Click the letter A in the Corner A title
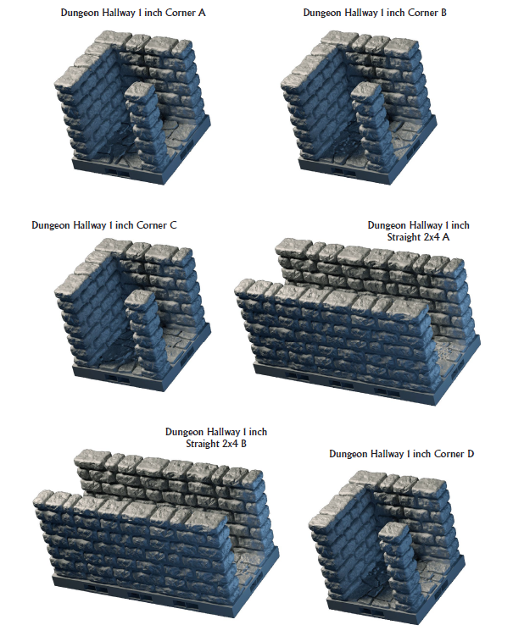click(x=202, y=13)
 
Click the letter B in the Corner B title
click(x=443, y=13)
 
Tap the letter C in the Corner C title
click(x=174, y=225)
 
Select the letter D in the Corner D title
click(x=471, y=454)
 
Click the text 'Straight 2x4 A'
click(x=418, y=237)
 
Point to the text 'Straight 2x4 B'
click(x=216, y=444)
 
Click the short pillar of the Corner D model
click(x=399, y=563)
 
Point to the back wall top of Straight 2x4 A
click(x=369, y=254)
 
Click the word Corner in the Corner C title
click(x=152, y=225)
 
